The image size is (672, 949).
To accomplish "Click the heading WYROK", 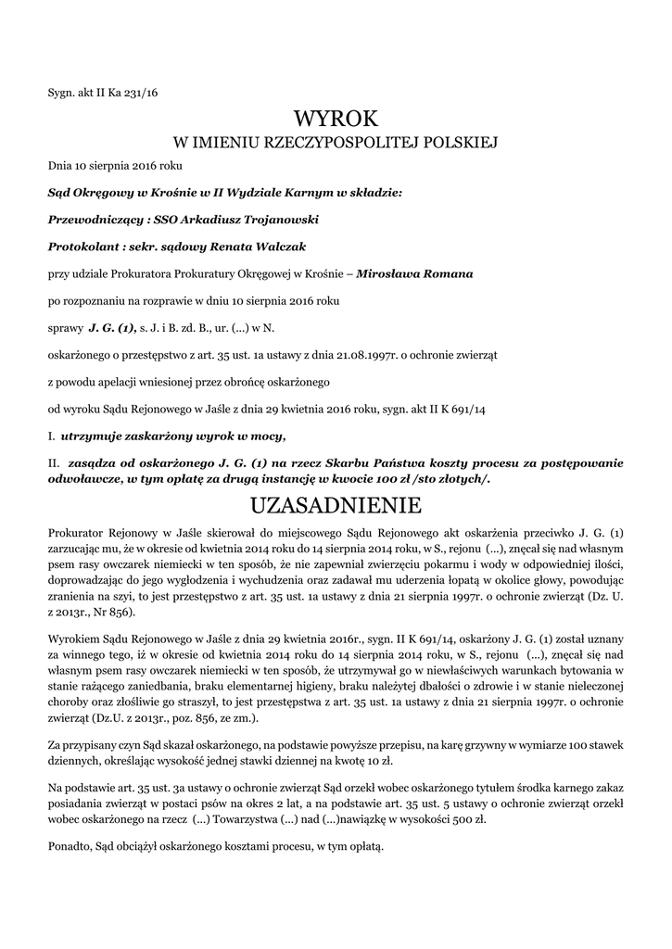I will pos(336,119).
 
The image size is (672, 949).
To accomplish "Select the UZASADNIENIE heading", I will pos(336,505).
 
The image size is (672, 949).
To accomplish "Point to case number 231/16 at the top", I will pos(141,93).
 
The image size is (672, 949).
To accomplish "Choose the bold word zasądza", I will pos(91,462).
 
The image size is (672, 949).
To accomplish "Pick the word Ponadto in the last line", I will pos(69,847).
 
